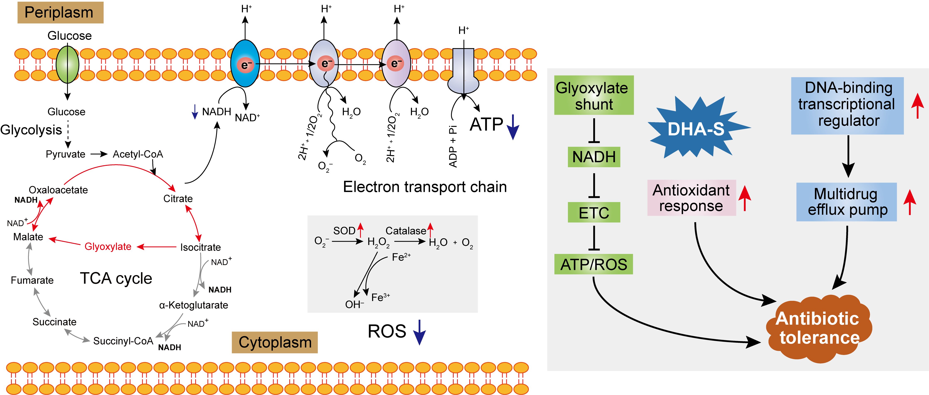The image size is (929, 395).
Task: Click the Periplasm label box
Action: [x=60, y=13]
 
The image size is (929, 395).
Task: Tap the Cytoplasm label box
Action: [x=275, y=342]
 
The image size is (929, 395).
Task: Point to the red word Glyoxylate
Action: [x=108, y=246]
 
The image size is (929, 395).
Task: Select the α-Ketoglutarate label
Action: [x=194, y=305]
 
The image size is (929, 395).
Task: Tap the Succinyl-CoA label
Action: [x=123, y=341]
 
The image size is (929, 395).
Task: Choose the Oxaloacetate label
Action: [x=58, y=190]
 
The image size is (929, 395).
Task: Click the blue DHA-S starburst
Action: [x=696, y=128]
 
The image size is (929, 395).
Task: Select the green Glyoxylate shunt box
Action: [x=594, y=95]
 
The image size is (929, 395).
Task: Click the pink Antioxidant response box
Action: [x=691, y=198]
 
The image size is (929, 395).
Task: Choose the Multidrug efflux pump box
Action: [x=846, y=202]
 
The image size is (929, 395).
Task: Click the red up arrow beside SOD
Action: [x=360, y=230]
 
